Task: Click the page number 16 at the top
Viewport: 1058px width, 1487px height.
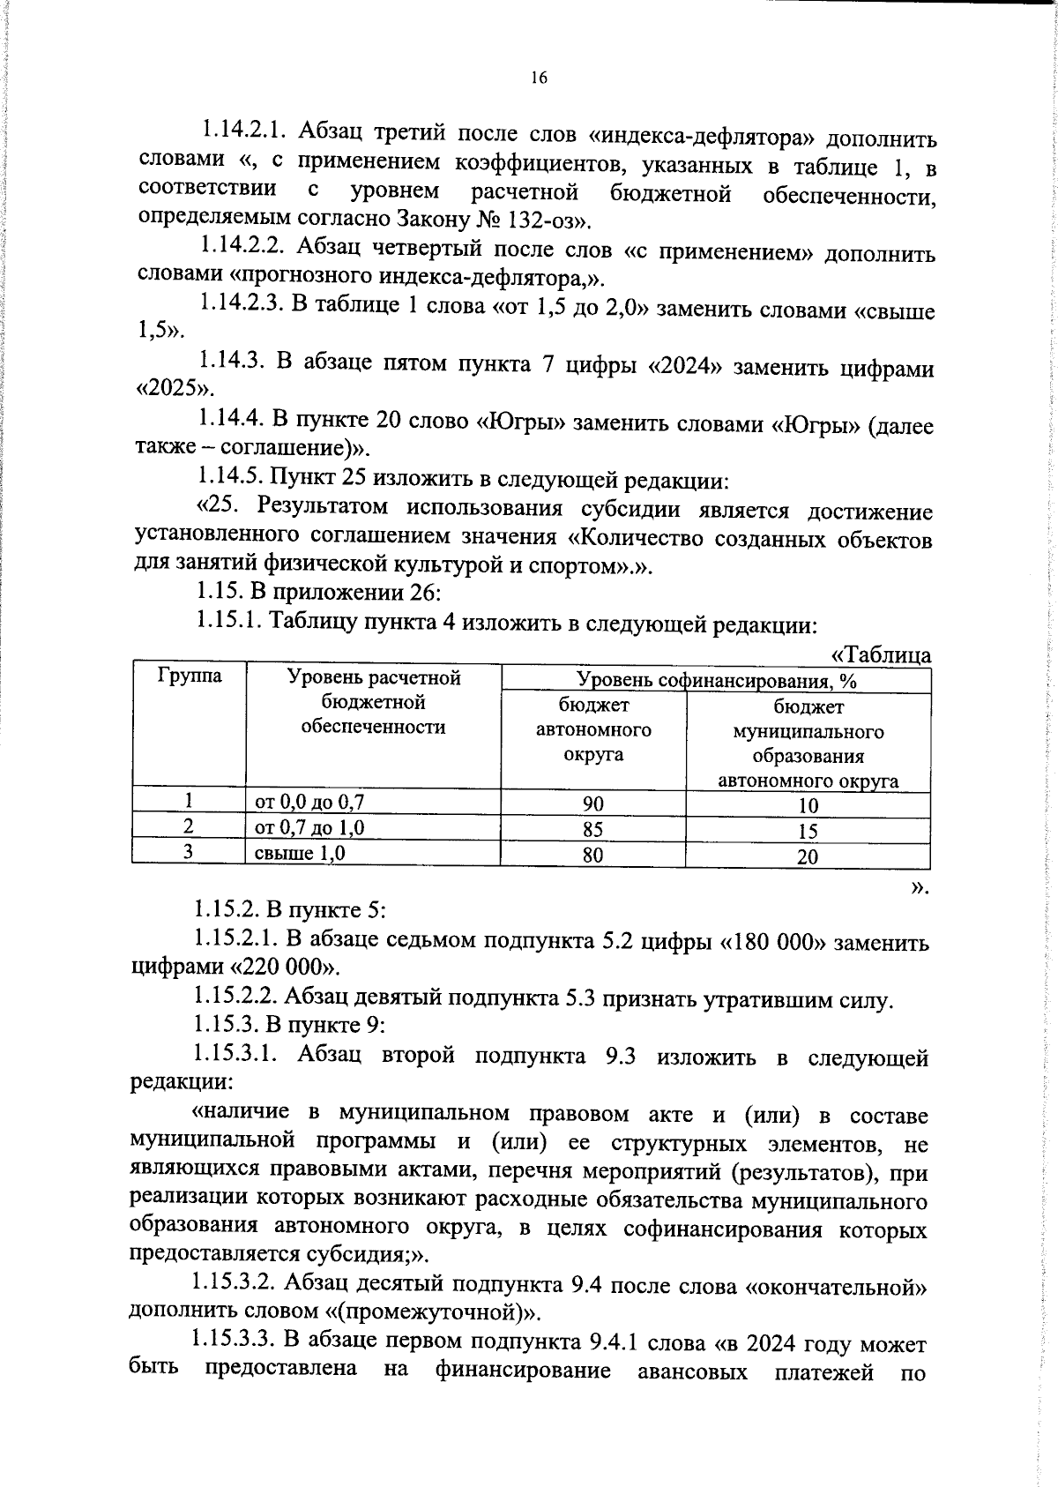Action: (539, 78)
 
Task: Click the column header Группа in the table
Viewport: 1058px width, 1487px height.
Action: (190, 676)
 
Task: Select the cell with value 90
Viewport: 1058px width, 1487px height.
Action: (593, 803)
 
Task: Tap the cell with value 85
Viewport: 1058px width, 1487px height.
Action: (593, 829)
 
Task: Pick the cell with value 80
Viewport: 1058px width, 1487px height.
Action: (593, 855)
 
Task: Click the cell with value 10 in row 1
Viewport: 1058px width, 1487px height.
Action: (808, 804)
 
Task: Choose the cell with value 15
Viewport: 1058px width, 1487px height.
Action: (808, 831)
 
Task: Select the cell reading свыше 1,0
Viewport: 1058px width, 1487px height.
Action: (300, 853)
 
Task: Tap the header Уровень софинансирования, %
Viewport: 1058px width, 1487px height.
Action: (716, 680)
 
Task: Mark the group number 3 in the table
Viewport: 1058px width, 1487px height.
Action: (188, 852)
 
